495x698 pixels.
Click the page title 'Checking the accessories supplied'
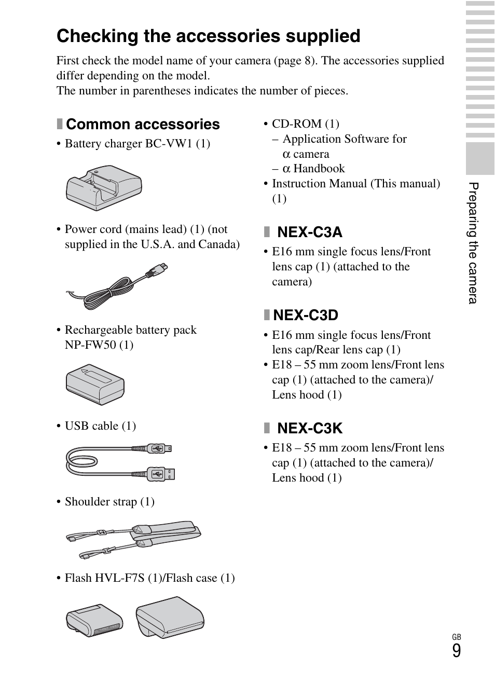pyautogui.click(x=208, y=36)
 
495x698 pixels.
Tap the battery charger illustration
pyautogui.click(x=104, y=187)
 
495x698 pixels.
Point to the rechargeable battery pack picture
pyautogui.click(x=95, y=384)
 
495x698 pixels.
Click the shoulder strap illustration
pyautogui.click(x=133, y=539)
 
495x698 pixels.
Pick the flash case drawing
pyautogui.click(x=170, y=617)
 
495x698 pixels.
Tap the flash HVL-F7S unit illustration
pyautogui.click(x=94, y=620)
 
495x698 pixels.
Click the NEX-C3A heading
pyautogui.click(x=309, y=232)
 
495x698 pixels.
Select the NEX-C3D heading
pyautogui.click(x=306, y=315)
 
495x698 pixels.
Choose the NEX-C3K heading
pyautogui.click(x=309, y=428)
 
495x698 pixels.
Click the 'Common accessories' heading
pyautogui.click(x=143, y=125)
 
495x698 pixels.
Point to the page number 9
pyautogui.click(x=456, y=651)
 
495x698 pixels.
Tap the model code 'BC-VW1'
pyautogui.click(x=169, y=144)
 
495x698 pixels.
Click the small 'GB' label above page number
pyautogui.click(x=456, y=637)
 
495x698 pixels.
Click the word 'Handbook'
pyautogui.click(x=319, y=169)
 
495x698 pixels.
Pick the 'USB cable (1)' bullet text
pyautogui.click(x=100, y=426)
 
